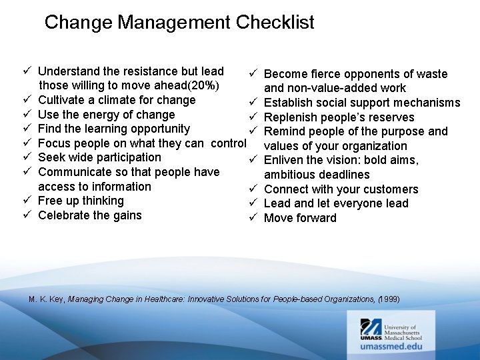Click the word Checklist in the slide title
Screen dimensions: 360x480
[x=274, y=23]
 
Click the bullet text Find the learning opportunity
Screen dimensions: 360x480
[x=114, y=129]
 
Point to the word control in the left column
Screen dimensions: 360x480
[x=229, y=143]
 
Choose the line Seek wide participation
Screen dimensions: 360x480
[x=99, y=157]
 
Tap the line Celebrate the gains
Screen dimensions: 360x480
[x=89, y=215]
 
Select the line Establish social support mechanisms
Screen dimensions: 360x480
[x=362, y=103]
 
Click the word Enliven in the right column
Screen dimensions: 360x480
[x=285, y=160]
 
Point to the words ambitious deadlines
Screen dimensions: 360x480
[x=317, y=175]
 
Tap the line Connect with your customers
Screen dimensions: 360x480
[x=341, y=189]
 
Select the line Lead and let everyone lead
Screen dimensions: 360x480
[x=336, y=203]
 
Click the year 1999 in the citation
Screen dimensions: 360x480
[x=389, y=299]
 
